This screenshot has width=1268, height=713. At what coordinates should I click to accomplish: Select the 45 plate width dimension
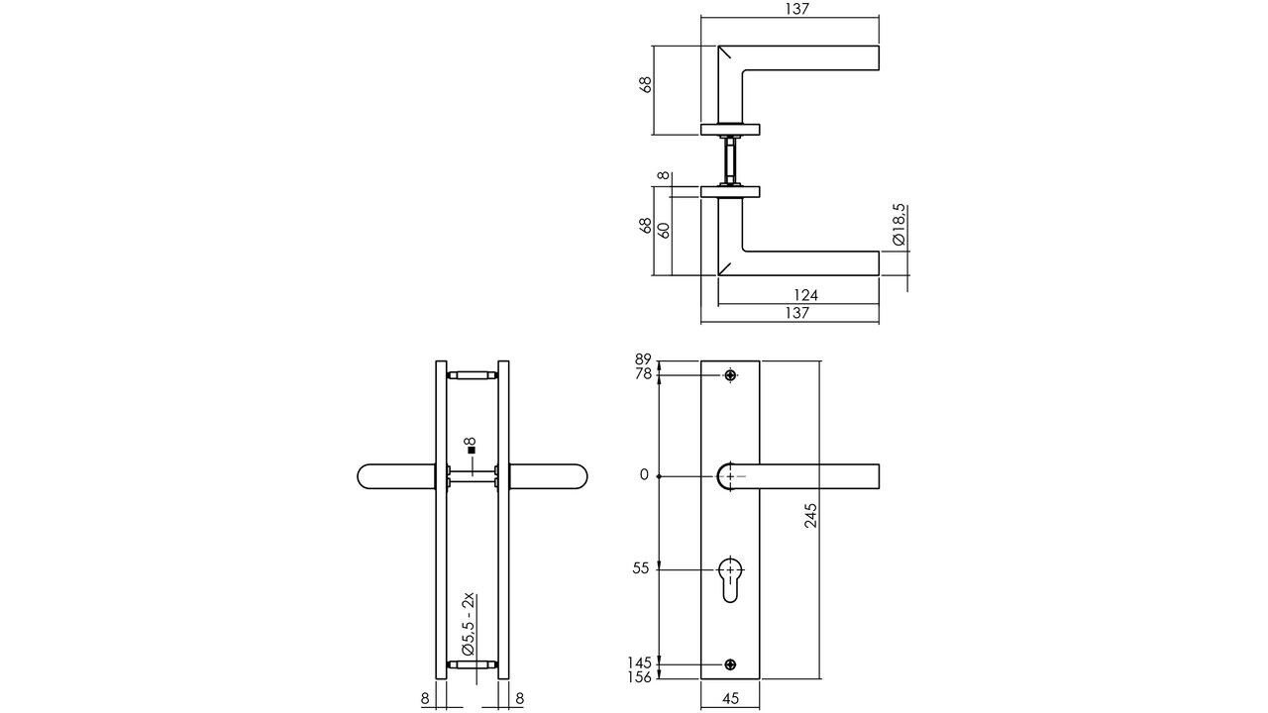(x=730, y=698)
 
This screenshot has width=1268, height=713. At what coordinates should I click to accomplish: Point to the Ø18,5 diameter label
(x=898, y=225)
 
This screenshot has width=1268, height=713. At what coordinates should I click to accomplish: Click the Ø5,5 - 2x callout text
(x=470, y=621)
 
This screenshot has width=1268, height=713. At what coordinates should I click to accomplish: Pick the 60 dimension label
(x=665, y=229)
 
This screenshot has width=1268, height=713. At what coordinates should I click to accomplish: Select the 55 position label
(x=640, y=568)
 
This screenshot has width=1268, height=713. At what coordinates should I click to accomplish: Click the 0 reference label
(x=644, y=475)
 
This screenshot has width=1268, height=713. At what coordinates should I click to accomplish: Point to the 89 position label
(x=642, y=359)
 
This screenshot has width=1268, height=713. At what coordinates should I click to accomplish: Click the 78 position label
(x=642, y=374)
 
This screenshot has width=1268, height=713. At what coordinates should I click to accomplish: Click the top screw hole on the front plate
(x=730, y=375)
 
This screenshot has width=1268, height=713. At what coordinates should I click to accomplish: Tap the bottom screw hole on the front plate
(x=730, y=663)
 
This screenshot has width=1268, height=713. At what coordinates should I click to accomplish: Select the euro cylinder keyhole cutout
(x=730, y=580)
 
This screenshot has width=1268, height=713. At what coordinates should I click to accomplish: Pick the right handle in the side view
(x=551, y=476)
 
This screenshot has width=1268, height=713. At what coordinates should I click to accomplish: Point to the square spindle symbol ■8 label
(x=471, y=446)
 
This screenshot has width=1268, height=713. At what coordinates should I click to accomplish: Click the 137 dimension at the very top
(x=797, y=9)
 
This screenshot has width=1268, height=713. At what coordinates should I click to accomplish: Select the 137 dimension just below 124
(x=797, y=313)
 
